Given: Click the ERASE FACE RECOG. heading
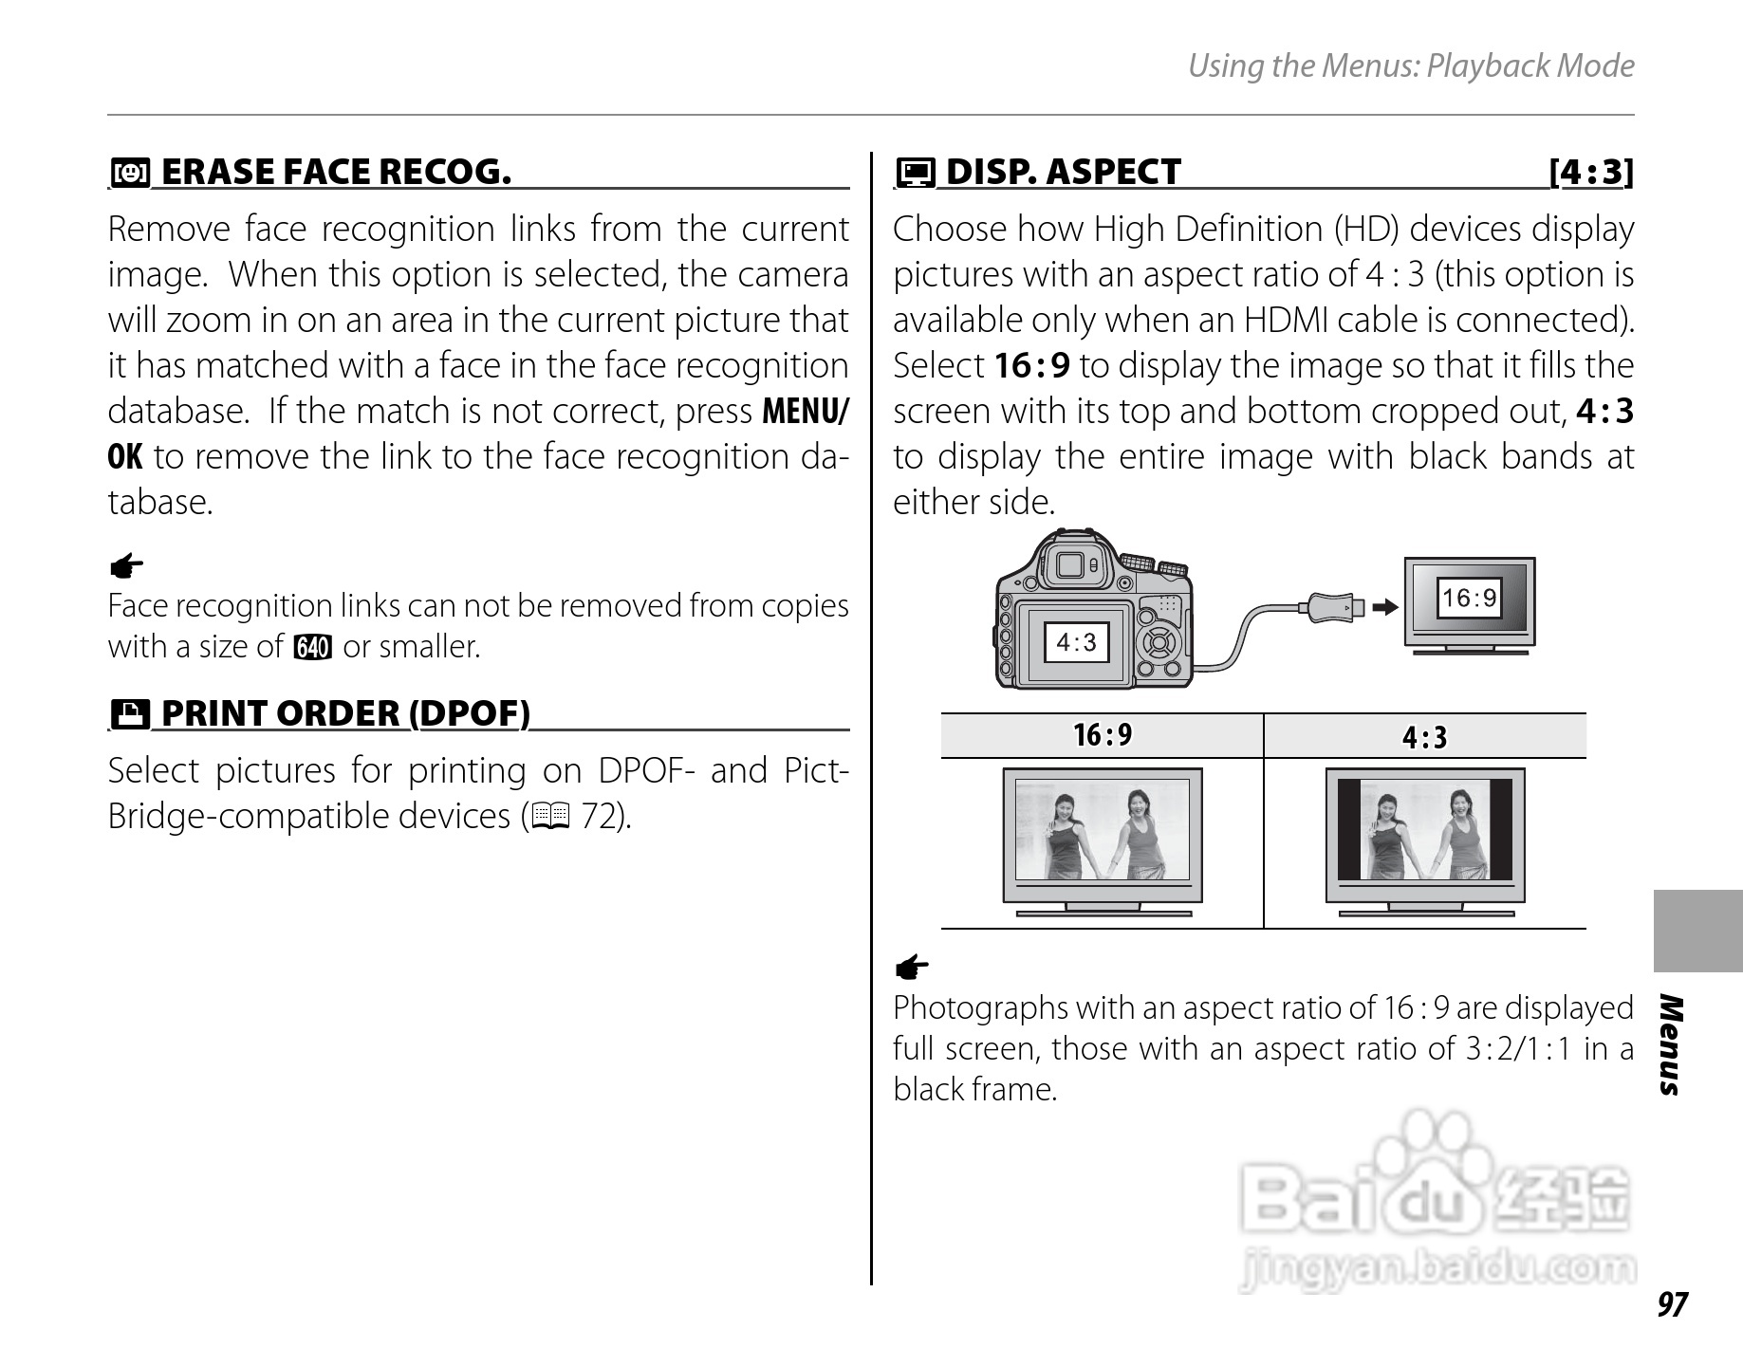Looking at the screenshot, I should [x=337, y=172].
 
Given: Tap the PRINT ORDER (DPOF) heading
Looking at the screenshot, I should [x=346, y=713].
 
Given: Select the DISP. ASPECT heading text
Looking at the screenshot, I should [x=1063, y=172].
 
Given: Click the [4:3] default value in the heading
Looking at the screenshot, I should [x=1591, y=172].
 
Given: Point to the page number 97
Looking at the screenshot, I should [x=1672, y=1304].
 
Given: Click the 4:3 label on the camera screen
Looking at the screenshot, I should [x=1076, y=642].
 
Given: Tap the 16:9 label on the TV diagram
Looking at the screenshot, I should [x=1469, y=598].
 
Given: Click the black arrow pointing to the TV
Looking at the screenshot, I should [x=1386, y=606].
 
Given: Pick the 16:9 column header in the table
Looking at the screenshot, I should [x=1103, y=735].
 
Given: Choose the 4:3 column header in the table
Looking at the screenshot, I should [x=1424, y=737].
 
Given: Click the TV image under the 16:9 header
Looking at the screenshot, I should [x=1103, y=840].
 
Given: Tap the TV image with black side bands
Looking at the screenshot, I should [x=1424, y=840].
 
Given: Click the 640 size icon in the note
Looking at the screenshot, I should [x=313, y=648].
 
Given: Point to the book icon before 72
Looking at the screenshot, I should [x=550, y=816].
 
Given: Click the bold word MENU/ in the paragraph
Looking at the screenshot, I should [x=806, y=412].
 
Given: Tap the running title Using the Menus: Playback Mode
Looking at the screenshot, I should [x=1411, y=65].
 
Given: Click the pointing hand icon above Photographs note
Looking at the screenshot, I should [x=911, y=969].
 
